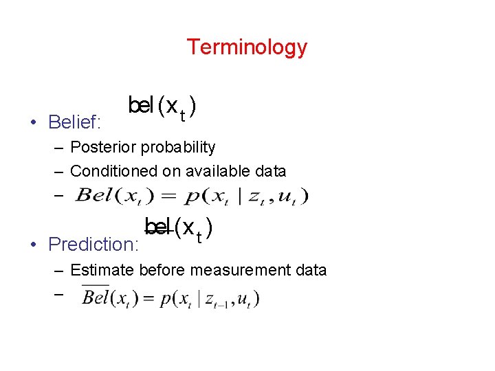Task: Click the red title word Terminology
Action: [247, 47]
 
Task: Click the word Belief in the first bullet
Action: [74, 123]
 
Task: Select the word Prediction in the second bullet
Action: [92, 245]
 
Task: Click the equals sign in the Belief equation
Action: [169, 196]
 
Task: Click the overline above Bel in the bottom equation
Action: [95, 286]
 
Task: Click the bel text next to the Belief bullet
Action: [140, 106]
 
